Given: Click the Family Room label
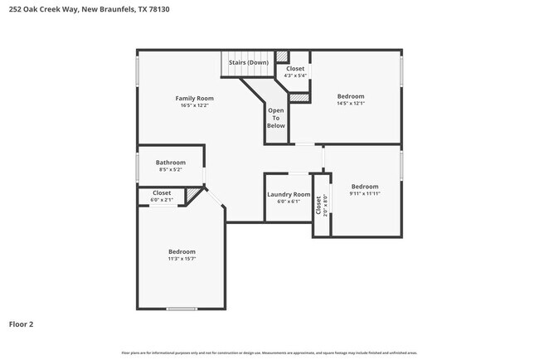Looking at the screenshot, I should tap(195, 99).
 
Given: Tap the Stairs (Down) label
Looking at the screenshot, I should tap(249, 62).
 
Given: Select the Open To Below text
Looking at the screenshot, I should tap(276, 118).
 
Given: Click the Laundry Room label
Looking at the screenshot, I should tap(289, 195).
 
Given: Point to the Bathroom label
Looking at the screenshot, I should tap(171, 163).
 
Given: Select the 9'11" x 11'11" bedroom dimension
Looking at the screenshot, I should tap(365, 194).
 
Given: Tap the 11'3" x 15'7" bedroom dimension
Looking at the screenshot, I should tap(182, 259).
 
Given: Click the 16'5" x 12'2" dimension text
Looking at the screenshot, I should tap(195, 105).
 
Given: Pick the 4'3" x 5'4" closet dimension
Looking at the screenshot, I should tap(296, 75).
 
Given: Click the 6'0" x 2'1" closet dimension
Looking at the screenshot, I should tap(162, 200).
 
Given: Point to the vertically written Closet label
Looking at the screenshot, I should tap(318, 204).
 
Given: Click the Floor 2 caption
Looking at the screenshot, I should tap(22, 324).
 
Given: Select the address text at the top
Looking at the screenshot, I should tap(90, 9).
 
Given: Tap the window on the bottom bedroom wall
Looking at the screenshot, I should tap(182, 309).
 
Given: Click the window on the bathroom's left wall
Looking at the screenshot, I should tap(138, 166).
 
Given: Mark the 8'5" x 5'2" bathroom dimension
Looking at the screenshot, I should tap(171, 169).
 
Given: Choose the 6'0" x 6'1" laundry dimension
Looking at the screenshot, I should tap(289, 202).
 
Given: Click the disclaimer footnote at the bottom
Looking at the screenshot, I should tap(269, 353).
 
